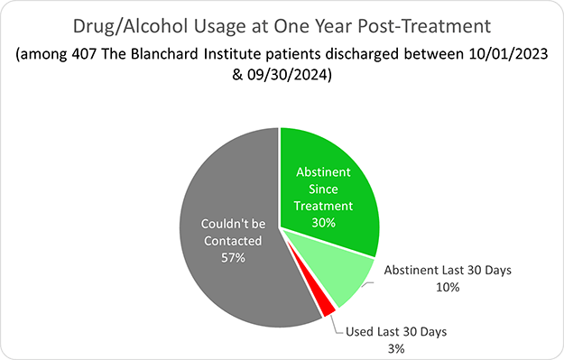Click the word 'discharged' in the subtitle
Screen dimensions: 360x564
click(371, 54)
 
